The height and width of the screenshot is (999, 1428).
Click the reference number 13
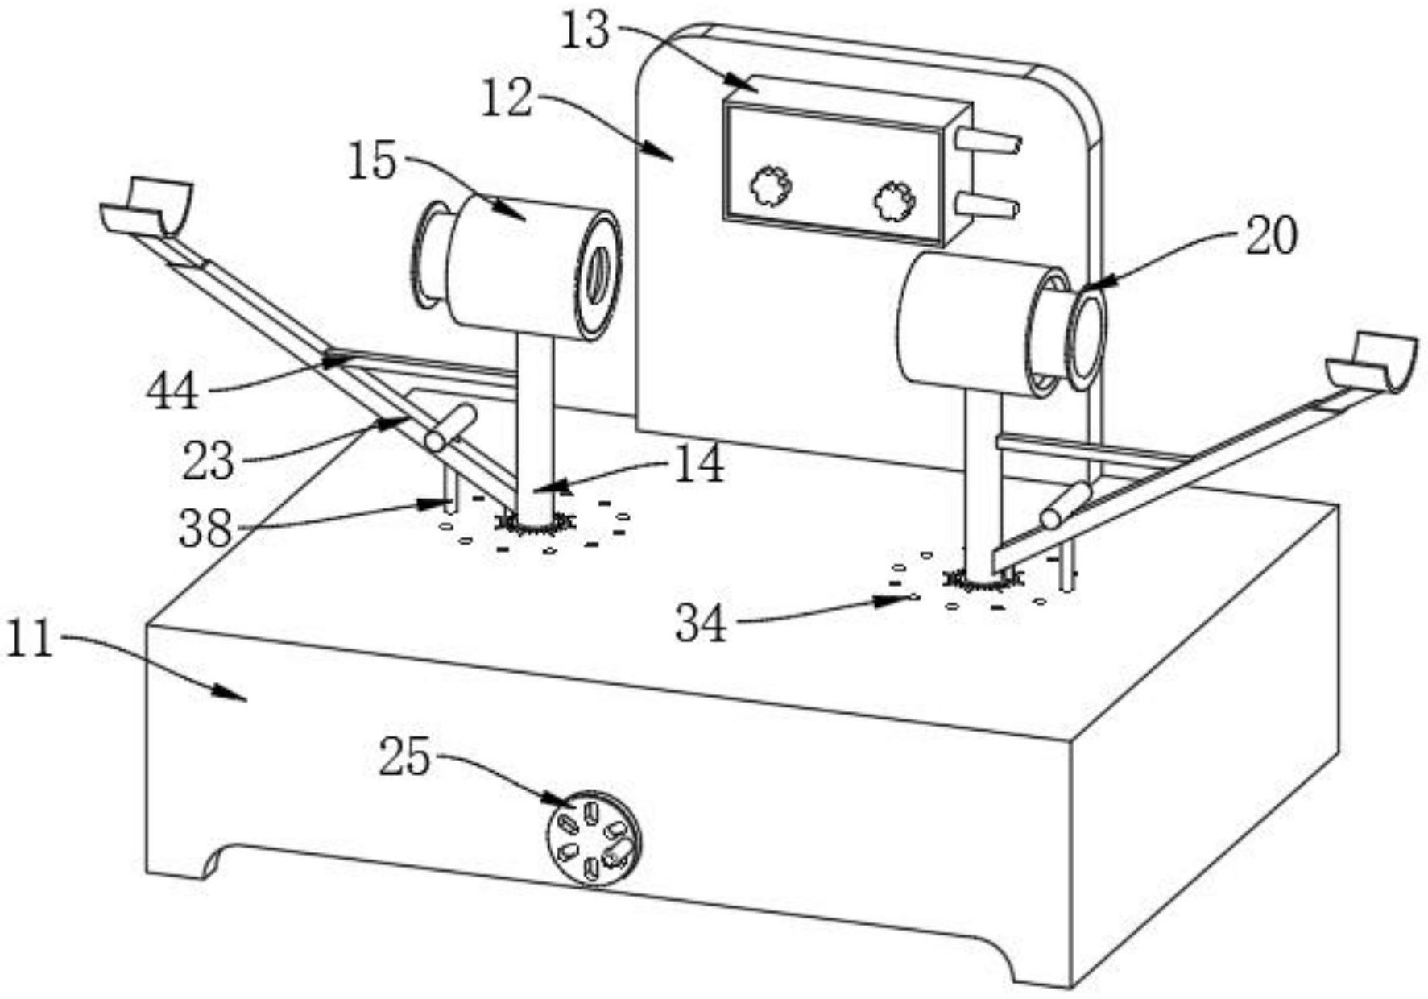586,31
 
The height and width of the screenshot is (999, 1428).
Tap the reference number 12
507,100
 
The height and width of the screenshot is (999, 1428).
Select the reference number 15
373,161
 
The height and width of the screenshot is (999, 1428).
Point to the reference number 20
1272,237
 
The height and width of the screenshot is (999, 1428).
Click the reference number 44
172,392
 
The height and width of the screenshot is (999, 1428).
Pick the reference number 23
209,462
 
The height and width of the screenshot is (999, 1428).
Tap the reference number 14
698,465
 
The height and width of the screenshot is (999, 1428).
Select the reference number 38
205,530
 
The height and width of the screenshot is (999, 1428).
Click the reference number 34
701,623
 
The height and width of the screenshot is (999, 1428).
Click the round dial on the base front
594,838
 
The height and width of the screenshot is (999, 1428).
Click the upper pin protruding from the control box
988,142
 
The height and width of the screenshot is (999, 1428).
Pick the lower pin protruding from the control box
987,205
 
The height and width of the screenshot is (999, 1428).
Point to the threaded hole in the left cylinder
598,275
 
